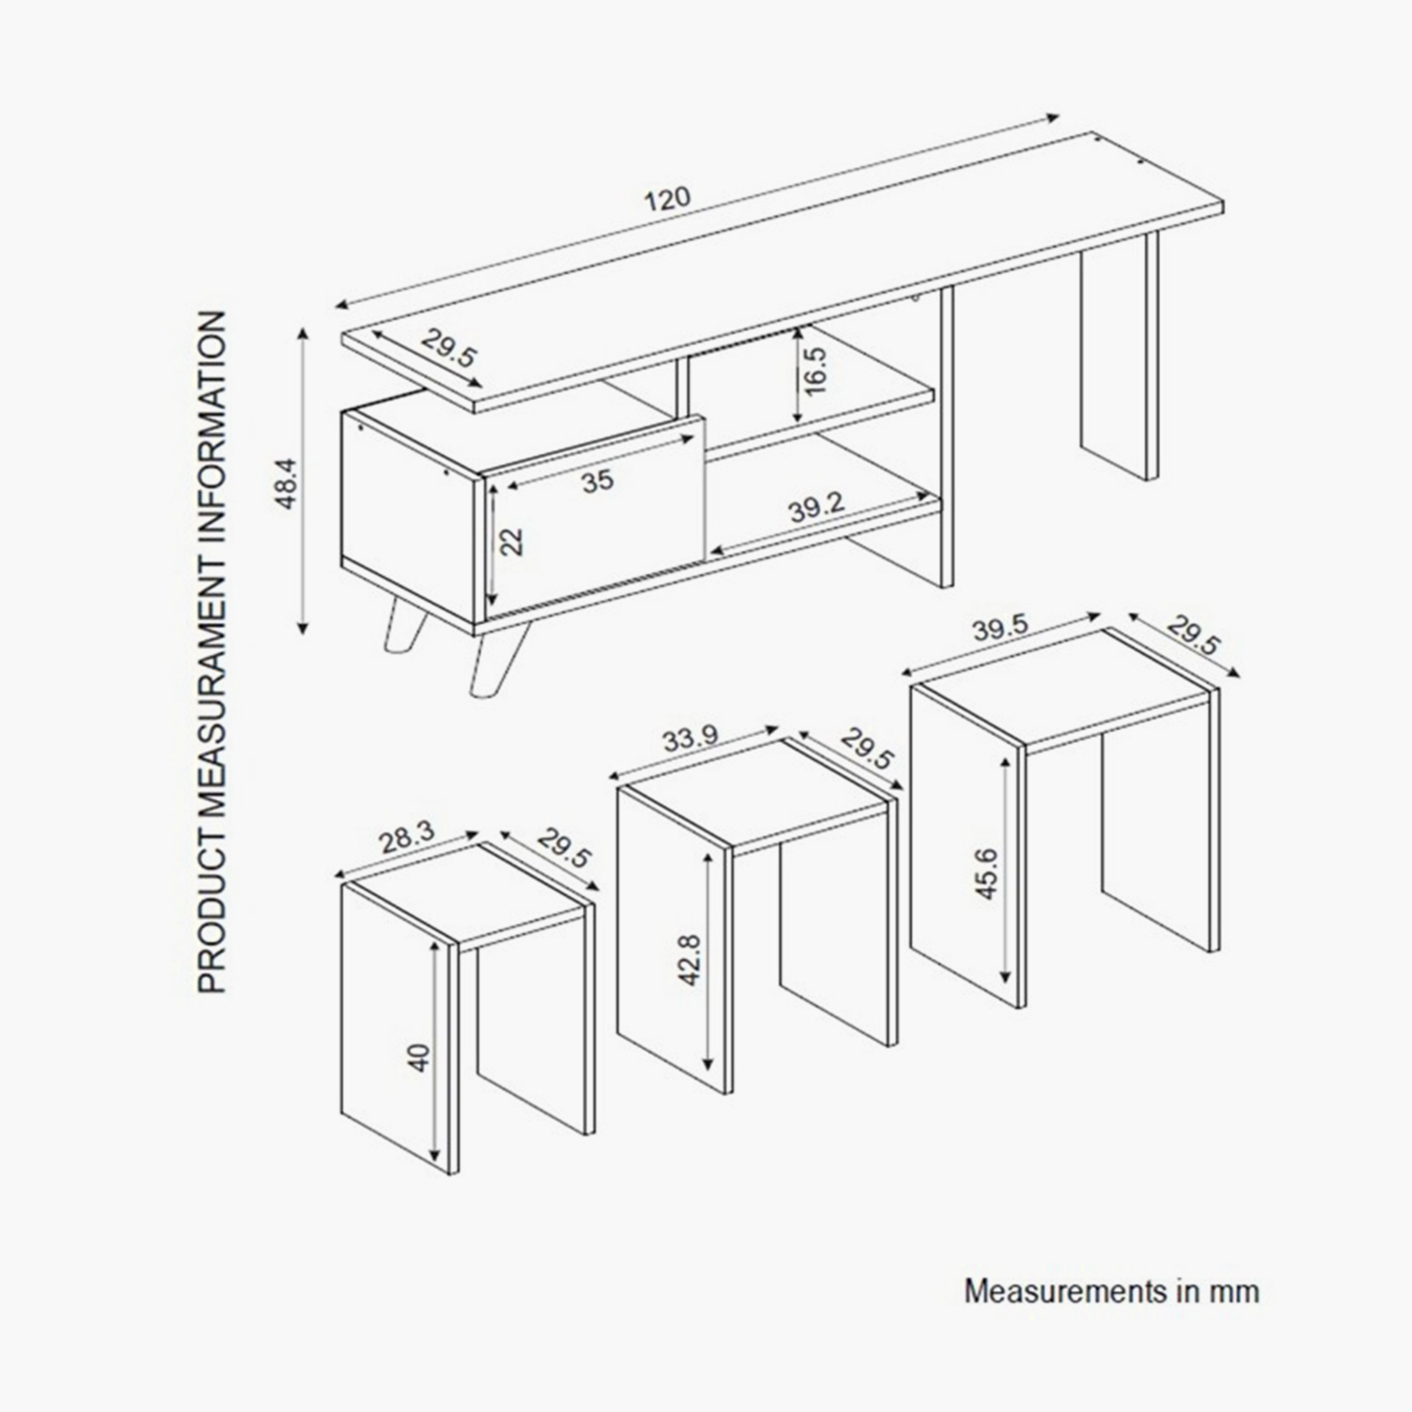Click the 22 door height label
[514, 542]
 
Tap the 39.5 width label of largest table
[1000, 629]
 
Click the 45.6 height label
[987, 874]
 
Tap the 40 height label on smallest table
[418, 1058]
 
